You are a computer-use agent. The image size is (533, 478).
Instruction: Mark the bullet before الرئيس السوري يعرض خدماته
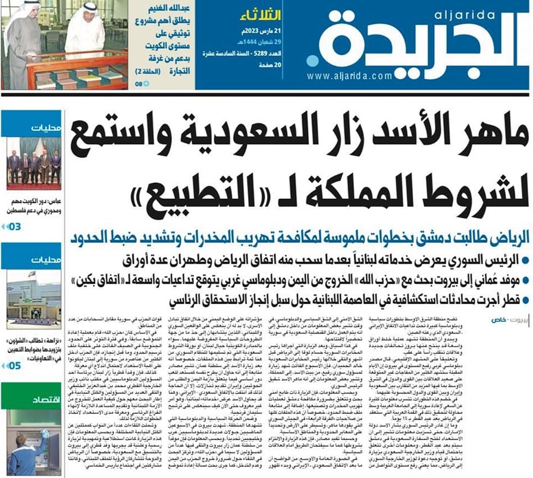(x=522, y=259)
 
